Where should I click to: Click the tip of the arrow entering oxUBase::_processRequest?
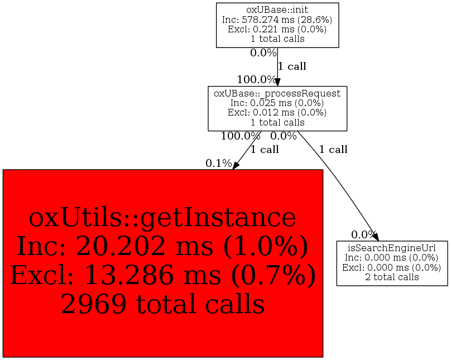[x=277, y=86]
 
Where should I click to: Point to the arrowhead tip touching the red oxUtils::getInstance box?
[x=233, y=169]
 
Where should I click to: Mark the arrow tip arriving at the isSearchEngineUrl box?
[x=378, y=241]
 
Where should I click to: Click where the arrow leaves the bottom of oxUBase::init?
[x=277, y=48]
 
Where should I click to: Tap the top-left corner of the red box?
[x=3, y=170]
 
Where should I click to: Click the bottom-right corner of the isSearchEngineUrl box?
[x=448, y=286]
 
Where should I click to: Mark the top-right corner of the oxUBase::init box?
[x=339, y=3]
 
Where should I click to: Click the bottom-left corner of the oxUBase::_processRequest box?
[x=208, y=131]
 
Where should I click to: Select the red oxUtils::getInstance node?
[x=163, y=263]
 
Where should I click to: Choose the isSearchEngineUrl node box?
[x=392, y=263]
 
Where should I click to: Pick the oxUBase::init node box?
[x=277, y=25]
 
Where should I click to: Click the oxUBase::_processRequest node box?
[x=277, y=108]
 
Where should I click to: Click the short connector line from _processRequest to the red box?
[x=247, y=150]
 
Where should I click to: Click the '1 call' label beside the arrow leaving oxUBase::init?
[x=292, y=66]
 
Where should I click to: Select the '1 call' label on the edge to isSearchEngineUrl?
[x=333, y=150]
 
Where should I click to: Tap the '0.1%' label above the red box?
[x=219, y=164]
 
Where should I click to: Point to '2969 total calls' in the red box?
[x=163, y=304]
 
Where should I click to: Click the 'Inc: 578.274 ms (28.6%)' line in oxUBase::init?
[x=277, y=20]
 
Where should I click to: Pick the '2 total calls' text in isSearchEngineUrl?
[x=392, y=277]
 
